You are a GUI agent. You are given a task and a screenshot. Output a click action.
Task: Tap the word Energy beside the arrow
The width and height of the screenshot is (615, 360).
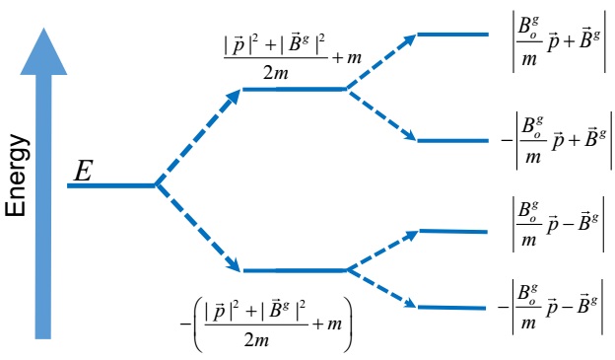pyautogui.click(x=17, y=177)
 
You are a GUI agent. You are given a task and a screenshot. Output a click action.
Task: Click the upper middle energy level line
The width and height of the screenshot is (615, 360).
pyautogui.click(x=293, y=89)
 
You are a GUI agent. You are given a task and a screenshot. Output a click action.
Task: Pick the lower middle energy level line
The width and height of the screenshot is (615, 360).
pyautogui.click(x=293, y=269)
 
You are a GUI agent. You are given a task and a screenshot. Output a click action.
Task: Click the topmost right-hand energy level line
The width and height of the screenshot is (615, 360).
pyautogui.click(x=452, y=35)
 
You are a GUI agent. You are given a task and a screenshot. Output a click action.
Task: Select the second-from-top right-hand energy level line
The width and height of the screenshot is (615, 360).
pyautogui.click(x=452, y=140)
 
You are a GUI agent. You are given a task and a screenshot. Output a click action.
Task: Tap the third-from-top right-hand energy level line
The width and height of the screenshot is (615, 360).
pyautogui.click(x=452, y=231)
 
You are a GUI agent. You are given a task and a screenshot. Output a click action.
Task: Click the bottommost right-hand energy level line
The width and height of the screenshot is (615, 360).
pyautogui.click(x=452, y=307)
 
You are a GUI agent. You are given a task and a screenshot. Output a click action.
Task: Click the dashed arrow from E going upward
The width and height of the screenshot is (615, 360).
pyautogui.click(x=197, y=137)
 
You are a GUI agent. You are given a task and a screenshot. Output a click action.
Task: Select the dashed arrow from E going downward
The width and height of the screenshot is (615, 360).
pyautogui.click(x=197, y=228)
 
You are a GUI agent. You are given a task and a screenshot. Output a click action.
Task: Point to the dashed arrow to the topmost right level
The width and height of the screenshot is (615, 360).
pyautogui.click(x=380, y=61)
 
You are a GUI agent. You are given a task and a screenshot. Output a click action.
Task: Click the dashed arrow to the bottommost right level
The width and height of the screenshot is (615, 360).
pyautogui.click(x=380, y=288)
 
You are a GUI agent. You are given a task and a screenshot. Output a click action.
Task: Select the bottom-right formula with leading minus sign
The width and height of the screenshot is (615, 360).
pyautogui.click(x=553, y=308)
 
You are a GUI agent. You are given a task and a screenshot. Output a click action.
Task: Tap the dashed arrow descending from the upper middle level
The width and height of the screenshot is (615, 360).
pyautogui.click(x=380, y=114)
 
